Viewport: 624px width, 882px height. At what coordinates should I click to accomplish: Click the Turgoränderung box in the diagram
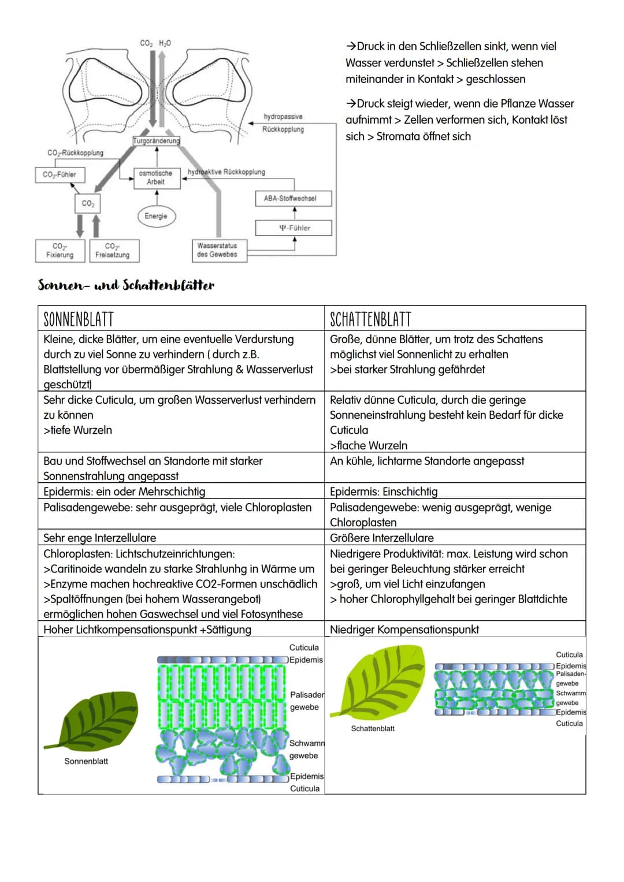[157, 140]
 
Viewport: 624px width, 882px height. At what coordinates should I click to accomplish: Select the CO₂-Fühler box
[60, 174]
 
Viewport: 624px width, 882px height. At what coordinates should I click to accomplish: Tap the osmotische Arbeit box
[157, 178]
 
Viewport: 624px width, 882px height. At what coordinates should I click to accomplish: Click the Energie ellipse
[157, 216]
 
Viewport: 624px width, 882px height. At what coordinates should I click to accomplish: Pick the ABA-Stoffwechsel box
[294, 199]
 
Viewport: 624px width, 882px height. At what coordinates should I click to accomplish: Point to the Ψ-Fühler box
[294, 228]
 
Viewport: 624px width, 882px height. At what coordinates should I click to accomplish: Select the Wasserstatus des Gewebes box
[220, 251]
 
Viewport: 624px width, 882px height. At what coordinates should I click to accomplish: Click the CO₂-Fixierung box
[60, 251]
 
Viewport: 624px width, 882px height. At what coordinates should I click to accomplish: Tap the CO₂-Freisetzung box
[114, 251]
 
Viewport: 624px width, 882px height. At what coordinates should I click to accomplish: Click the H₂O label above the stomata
[165, 43]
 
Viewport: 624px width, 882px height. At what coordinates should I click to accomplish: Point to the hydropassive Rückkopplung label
[283, 123]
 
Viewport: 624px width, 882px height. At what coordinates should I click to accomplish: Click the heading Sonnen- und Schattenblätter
[126, 285]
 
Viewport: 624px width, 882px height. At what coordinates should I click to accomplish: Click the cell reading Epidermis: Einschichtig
[384, 492]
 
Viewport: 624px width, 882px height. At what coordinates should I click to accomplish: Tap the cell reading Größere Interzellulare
[382, 538]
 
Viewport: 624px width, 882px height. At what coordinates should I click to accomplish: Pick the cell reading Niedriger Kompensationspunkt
[404, 629]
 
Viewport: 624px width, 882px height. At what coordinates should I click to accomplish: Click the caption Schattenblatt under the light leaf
[373, 728]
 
